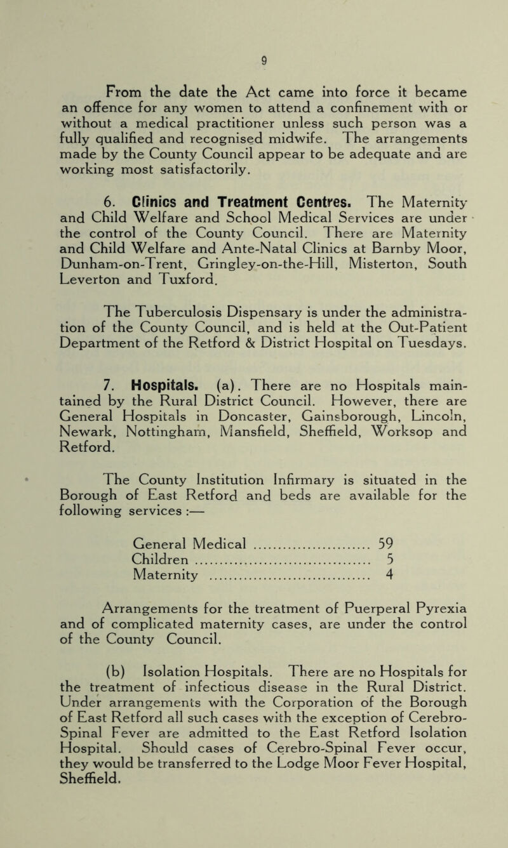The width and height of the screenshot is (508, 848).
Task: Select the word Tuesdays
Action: [x=432, y=308]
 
